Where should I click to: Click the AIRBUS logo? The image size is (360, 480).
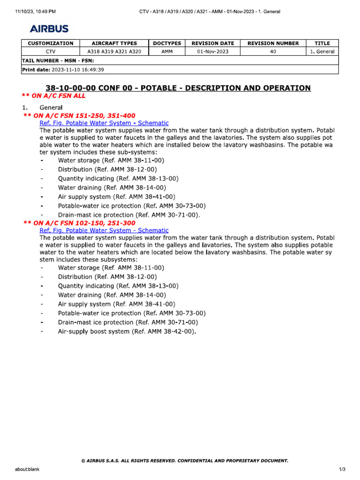pyautogui.click(x=49, y=29)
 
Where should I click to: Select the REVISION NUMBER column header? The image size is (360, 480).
pyautogui.click(x=273, y=43)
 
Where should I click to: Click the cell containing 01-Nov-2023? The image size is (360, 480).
pyautogui.click(x=213, y=52)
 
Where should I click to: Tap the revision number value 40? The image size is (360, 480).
pyautogui.click(x=273, y=52)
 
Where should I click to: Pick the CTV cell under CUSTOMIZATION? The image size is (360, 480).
pyautogui.click(x=51, y=52)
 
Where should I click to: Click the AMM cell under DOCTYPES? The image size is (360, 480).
pyautogui.click(x=167, y=52)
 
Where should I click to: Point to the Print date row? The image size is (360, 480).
pyautogui.click(x=63, y=70)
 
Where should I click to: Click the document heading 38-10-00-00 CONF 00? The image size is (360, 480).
pyautogui.click(x=178, y=88)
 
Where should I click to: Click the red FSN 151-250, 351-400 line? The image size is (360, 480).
pyautogui.click(x=79, y=115)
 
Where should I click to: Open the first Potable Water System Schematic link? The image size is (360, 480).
pyautogui.click(x=104, y=123)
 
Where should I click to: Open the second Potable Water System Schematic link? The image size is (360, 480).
pyautogui.click(x=104, y=230)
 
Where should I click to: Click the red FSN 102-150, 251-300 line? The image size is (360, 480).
pyautogui.click(x=79, y=223)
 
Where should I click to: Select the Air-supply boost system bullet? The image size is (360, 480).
pyautogui.click(x=127, y=331)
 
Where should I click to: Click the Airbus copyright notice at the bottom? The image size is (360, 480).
pyautogui.click(x=184, y=461)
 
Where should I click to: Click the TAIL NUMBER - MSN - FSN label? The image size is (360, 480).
pyautogui.click(x=55, y=61)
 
